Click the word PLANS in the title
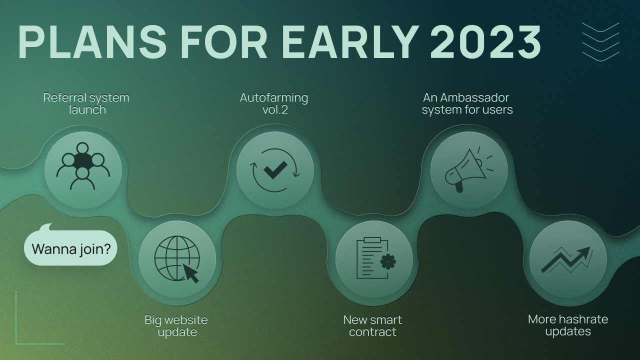point(92,42)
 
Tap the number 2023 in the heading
point(485,42)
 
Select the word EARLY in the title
point(350,42)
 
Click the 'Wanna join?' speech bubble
point(70,248)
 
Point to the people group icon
point(83,166)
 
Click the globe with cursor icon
point(177,259)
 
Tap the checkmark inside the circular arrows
point(275,170)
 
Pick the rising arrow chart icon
point(567,259)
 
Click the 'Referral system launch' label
point(86,103)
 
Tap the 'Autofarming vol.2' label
point(274,103)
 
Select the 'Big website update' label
point(176,325)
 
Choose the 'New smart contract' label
point(372,325)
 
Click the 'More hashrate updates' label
point(568,325)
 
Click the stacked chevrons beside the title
point(600,42)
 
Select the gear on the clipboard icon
point(387,261)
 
